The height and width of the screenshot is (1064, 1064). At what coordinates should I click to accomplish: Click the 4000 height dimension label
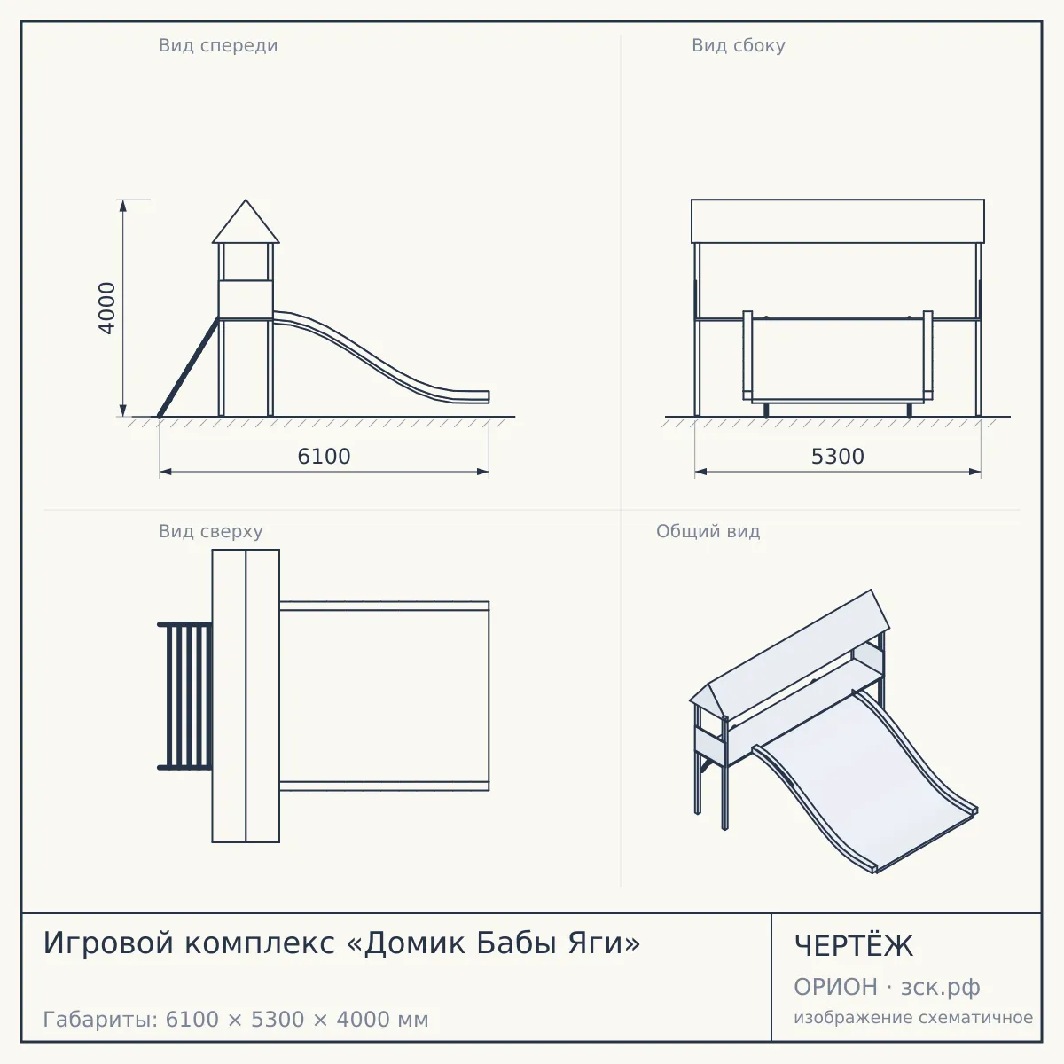(106, 308)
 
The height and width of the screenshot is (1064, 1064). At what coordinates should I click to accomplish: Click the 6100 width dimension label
(325, 457)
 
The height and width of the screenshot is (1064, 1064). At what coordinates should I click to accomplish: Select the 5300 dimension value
(838, 457)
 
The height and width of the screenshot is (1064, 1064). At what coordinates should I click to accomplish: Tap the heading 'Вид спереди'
(218, 46)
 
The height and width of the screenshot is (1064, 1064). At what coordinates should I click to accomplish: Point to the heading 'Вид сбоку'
(739, 46)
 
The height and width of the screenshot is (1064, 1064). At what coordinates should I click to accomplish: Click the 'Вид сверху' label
(211, 532)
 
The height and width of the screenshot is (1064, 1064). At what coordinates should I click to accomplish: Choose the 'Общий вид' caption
(708, 531)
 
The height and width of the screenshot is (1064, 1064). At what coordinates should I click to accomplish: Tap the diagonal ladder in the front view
(188, 366)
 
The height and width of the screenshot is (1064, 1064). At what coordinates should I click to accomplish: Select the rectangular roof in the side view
(838, 221)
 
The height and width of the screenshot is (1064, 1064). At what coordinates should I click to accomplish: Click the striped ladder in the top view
(185, 696)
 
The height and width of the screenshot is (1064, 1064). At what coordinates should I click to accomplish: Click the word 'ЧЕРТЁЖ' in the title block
(853, 946)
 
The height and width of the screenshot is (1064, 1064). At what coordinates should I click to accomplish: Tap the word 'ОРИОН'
(835, 987)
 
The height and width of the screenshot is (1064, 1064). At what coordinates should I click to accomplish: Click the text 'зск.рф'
(941, 988)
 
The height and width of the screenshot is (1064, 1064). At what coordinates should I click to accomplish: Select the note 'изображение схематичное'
(913, 1017)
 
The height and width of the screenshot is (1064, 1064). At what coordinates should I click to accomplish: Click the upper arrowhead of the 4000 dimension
(122, 206)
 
